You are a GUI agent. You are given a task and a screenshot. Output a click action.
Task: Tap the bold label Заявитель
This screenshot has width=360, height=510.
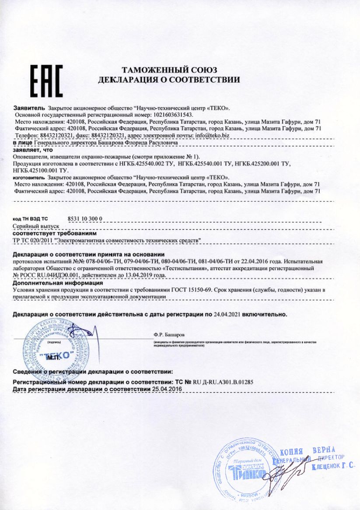(x=29, y=107)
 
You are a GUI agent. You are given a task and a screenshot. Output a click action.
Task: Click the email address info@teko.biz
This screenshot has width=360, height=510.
(x=212, y=136)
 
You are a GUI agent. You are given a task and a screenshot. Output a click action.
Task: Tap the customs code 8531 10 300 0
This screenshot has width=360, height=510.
(x=85, y=218)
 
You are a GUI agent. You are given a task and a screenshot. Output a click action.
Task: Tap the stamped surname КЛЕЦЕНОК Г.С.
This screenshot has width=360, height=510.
(x=333, y=467)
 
